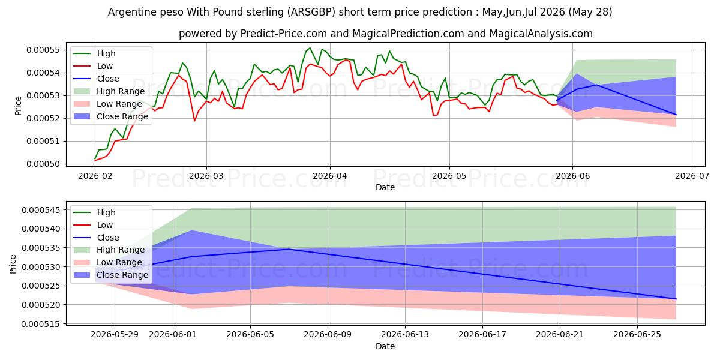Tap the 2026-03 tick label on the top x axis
pyautogui.click(x=206, y=176)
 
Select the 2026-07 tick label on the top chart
pyautogui.click(x=692, y=176)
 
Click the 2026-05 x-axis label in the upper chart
pyautogui.click(x=449, y=176)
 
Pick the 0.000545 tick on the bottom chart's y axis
pyautogui.click(x=41, y=210)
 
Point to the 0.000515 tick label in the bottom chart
pyautogui.click(x=41, y=324)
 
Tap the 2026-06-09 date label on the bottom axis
pyautogui.click(x=328, y=335)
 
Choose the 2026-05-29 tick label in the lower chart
pyautogui.click(x=115, y=335)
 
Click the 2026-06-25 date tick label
pyautogui.click(x=637, y=335)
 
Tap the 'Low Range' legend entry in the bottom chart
pyautogui.click(x=108, y=262)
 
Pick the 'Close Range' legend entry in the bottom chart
pyautogui.click(x=111, y=275)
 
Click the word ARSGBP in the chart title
pyautogui.click(x=311, y=12)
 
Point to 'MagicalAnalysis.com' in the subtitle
pyautogui.click(x=541, y=34)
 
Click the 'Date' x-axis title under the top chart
pyautogui.click(x=385, y=187)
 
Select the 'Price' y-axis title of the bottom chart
pyautogui.click(x=13, y=264)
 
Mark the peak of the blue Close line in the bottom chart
pyautogui.click(x=289, y=249)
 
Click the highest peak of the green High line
pyautogui.click(x=310, y=48)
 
